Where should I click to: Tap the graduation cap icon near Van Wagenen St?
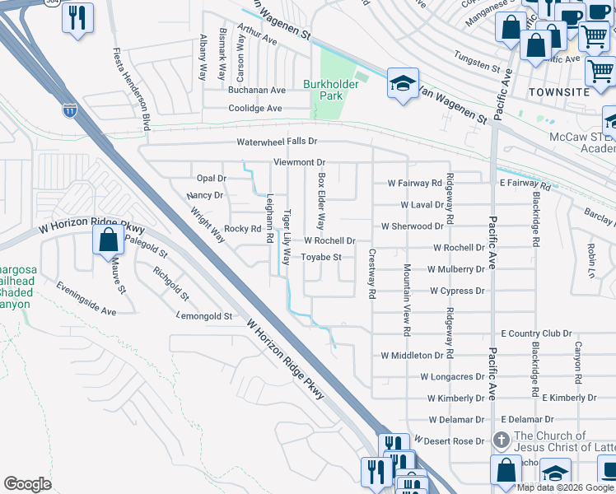coord(402,84)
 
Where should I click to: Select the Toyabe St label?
coord(321,258)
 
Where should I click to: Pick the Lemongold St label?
coord(205,315)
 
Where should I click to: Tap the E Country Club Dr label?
coord(536,333)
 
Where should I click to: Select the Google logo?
coord(28,483)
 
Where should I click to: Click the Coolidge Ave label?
coord(255,109)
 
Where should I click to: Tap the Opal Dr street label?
coord(212,178)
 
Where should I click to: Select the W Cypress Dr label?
coord(457,291)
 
